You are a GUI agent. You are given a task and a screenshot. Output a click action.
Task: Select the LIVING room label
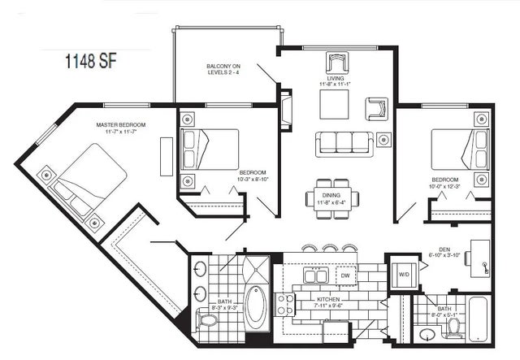(x=335, y=80)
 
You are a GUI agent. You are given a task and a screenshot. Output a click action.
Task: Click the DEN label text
(x=439, y=249)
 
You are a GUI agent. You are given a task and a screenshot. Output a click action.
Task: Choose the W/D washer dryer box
(x=404, y=274)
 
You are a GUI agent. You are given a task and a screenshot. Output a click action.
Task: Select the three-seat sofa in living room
(x=343, y=144)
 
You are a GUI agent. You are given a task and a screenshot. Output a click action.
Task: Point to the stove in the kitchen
(x=286, y=305)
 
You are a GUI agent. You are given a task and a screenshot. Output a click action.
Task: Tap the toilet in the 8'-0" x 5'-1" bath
(x=453, y=327)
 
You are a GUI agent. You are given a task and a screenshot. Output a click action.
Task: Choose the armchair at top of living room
(x=336, y=63)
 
